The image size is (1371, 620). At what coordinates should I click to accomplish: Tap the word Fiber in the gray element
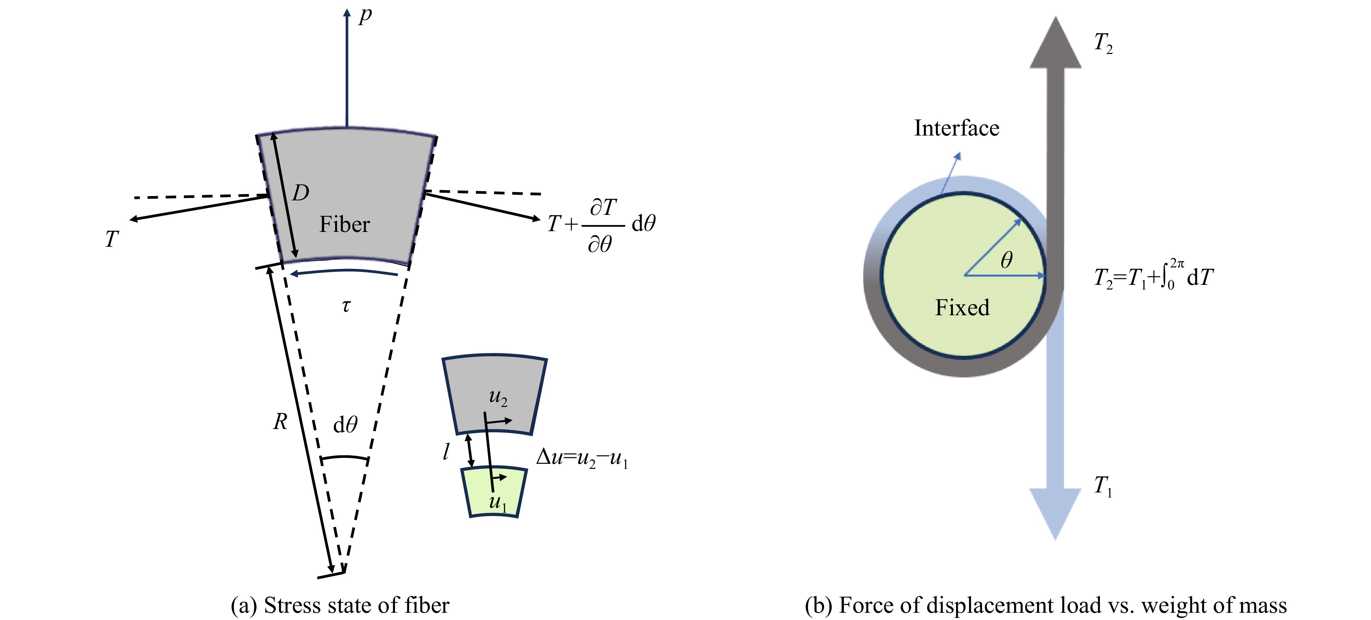344,224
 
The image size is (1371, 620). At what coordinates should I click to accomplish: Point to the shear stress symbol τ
346,306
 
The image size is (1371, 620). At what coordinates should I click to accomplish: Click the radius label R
280,422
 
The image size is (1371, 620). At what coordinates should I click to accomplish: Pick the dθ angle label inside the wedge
345,424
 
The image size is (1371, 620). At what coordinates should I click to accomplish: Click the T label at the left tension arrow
111,239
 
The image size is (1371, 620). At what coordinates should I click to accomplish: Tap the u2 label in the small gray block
498,397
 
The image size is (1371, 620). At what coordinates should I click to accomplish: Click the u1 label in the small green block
498,502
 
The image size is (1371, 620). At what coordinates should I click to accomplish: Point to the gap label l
446,452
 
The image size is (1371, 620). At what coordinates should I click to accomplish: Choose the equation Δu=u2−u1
582,457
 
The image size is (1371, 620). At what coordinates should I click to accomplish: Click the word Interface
956,128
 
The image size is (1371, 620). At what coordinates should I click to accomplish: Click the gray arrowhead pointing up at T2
1055,45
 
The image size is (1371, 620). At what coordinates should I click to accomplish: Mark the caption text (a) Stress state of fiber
340,605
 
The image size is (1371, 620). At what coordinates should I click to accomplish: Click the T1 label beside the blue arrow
1103,486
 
